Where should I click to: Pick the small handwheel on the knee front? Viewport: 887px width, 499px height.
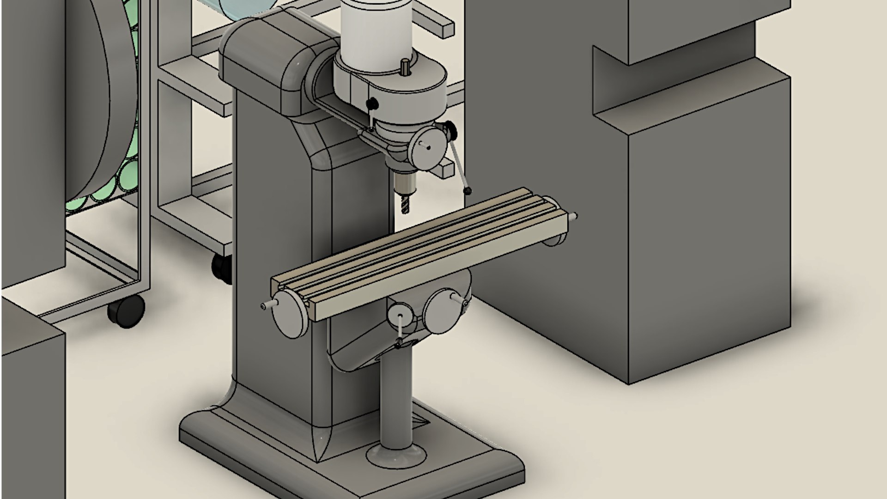(x=400, y=316)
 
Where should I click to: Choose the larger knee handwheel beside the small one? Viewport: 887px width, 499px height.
(x=443, y=310)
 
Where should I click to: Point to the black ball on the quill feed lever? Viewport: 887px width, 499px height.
(x=469, y=190)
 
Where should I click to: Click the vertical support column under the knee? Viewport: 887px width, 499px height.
(x=396, y=397)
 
